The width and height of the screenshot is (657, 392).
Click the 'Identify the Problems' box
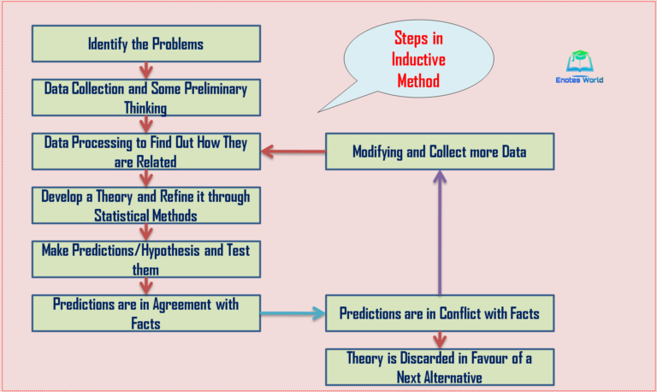145,43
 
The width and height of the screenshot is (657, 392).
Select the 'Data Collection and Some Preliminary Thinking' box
145,97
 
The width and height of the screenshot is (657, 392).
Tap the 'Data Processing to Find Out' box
145,151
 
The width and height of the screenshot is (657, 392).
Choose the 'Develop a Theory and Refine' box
145,205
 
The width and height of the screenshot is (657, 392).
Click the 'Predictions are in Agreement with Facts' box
145,313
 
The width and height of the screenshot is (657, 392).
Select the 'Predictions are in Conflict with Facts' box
440,313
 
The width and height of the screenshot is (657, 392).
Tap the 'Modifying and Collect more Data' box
440,152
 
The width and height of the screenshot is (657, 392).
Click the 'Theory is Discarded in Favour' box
440,365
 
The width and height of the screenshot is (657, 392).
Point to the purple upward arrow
440,231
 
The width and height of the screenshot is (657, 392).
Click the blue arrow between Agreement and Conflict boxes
293,313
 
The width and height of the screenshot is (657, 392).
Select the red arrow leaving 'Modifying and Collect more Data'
293,152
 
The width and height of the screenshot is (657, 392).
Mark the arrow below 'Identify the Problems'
145,69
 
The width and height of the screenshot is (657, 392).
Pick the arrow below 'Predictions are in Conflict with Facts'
440,339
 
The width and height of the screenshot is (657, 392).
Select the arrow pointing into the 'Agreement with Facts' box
145,287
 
